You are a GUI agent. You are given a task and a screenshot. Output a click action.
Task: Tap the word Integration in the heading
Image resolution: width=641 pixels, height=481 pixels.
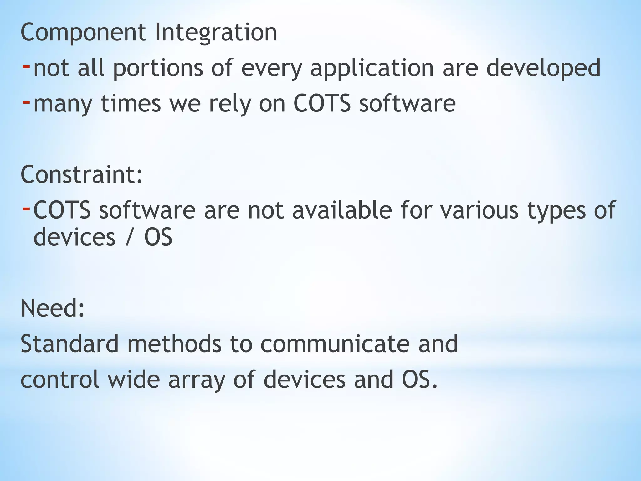point(216,33)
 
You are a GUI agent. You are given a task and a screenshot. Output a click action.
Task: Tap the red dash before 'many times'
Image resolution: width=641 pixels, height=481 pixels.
point(26,102)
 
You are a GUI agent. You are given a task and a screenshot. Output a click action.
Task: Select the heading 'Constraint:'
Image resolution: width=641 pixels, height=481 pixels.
point(81,175)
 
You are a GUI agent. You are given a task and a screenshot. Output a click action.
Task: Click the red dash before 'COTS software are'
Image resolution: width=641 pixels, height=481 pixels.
point(26,208)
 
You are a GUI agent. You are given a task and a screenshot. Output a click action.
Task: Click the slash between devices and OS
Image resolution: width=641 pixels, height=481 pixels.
point(129,237)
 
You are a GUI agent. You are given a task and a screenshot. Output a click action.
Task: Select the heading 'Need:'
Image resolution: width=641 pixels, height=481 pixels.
point(53,308)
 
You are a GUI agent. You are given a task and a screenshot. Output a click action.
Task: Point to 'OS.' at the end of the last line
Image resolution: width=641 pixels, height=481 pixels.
point(419,379)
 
